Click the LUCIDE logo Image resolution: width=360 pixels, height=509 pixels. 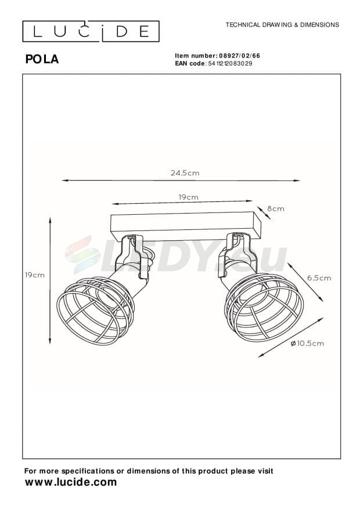coord(91,31)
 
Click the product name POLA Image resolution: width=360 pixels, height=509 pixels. coord(42,59)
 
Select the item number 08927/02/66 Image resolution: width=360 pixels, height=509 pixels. coord(240,56)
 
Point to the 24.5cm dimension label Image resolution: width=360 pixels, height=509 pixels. coord(185,173)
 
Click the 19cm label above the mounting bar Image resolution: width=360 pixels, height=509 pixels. coord(188,197)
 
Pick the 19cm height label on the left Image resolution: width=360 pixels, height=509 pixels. coord(35,275)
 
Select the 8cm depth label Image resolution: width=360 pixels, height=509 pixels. coord(276,209)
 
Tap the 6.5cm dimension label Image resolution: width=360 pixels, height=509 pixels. coord(319,278)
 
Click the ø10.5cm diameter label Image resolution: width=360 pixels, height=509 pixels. coord(307,344)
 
